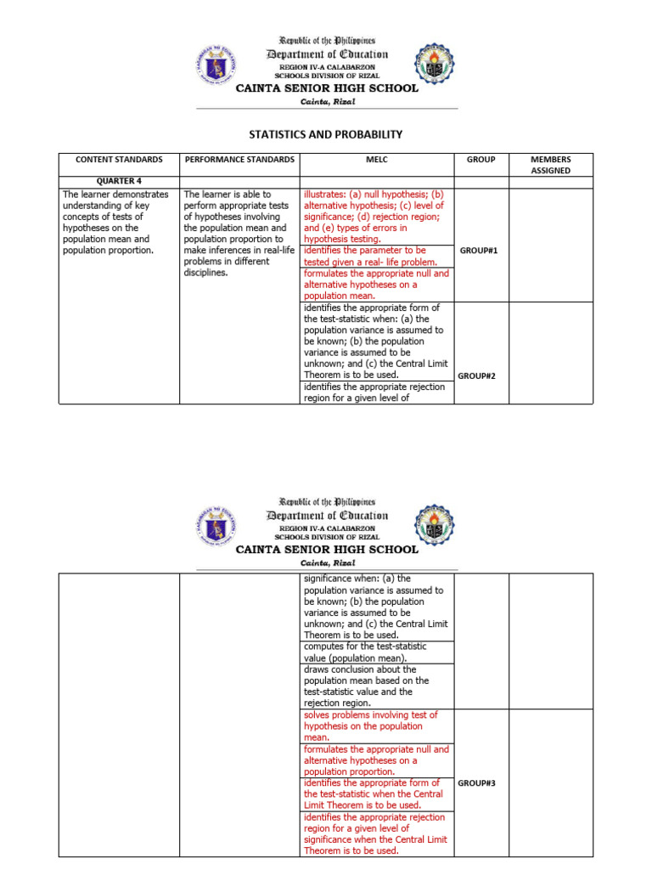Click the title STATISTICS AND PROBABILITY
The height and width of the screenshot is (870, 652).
[325, 134]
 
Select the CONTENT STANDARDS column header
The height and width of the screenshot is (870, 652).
[118, 159]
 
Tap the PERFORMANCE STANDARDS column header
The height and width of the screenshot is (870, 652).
[239, 159]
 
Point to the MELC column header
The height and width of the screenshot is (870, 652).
[378, 159]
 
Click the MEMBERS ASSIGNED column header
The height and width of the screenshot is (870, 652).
[550, 164]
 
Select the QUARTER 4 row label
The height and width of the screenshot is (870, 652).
[118, 181]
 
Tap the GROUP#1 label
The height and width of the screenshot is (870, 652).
[477, 251]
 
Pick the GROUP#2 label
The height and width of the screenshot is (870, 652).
[477, 376]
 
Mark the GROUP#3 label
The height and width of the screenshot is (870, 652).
[477, 782]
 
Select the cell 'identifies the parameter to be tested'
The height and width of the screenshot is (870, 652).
[376, 257]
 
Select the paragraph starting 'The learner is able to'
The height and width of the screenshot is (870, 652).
[239, 233]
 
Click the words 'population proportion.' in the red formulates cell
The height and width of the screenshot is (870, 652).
[348, 771]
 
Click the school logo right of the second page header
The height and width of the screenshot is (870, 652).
[434, 526]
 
